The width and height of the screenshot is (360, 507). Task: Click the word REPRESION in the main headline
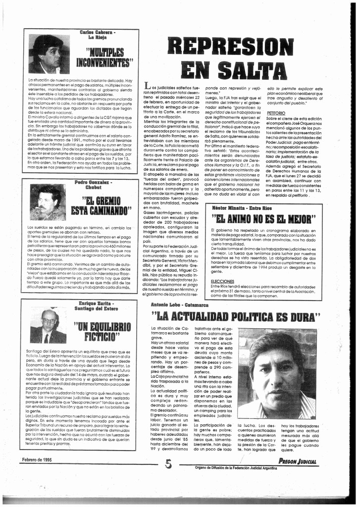pyautogui.click(x=230, y=47)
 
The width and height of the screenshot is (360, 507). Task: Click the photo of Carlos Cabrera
pyautogui.click(x=49, y=54)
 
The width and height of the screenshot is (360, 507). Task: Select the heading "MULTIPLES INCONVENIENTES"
pyautogui.click(x=104, y=58)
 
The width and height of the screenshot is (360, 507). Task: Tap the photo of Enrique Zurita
pyautogui.click(x=48, y=326)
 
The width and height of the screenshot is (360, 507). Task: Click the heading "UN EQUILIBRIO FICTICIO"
pyautogui.click(x=102, y=332)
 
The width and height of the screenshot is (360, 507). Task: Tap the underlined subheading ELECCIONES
pyautogui.click(x=222, y=281)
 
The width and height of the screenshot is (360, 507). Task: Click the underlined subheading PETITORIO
pyautogui.click(x=276, y=113)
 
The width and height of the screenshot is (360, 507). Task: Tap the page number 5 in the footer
pyautogui.click(x=168, y=463)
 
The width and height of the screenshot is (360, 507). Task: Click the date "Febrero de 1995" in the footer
pyautogui.click(x=37, y=460)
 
